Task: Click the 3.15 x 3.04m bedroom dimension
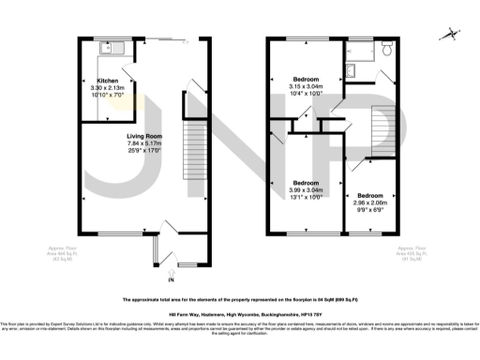(x=306, y=86)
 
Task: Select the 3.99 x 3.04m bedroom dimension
(x=306, y=190)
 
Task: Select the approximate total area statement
(x=239, y=300)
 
